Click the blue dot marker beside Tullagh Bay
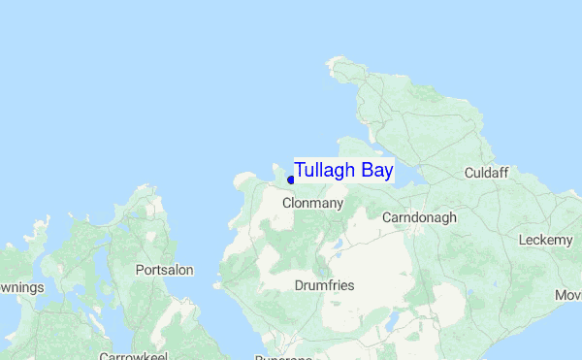click(291, 180)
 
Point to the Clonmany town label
click(312, 204)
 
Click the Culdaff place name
click(486, 173)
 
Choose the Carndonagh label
click(419, 217)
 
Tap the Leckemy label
click(546, 240)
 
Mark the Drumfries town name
click(324, 285)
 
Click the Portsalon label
click(164, 270)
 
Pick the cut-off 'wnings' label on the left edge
click(20, 287)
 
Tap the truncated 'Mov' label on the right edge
click(567, 294)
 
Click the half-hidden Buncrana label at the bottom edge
click(283, 356)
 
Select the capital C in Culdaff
click(469, 173)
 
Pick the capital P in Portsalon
click(140, 270)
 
